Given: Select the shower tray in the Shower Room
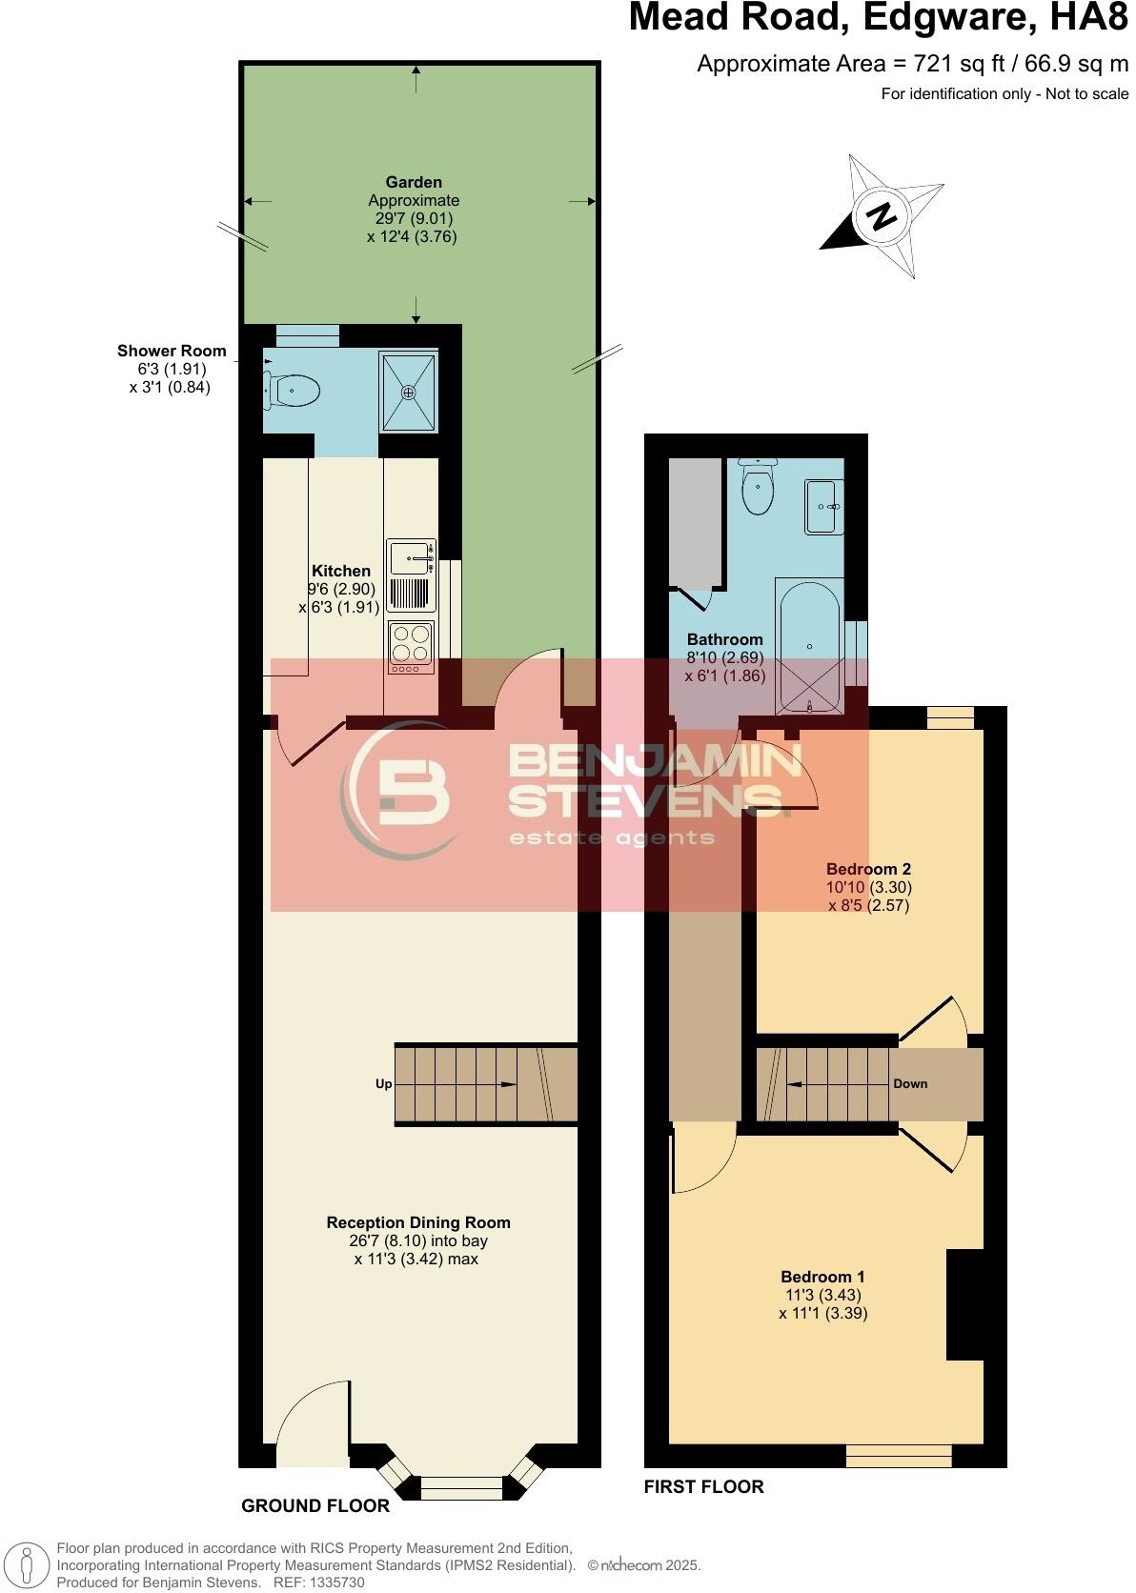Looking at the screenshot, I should [x=408, y=392].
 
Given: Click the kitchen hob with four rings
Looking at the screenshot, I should [x=411, y=641].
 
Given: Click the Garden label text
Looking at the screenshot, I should [x=414, y=182].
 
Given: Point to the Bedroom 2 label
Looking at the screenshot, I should [x=868, y=868].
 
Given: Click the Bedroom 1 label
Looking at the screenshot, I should [x=822, y=1277].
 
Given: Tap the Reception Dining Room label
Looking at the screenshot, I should [x=418, y=1222].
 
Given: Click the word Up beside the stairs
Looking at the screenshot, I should [x=383, y=1084].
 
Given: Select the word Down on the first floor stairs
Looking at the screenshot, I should [x=910, y=1084].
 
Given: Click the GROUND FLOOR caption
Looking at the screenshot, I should [x=315, y=1505].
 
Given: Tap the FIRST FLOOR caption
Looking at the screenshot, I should [x=703, y=1486].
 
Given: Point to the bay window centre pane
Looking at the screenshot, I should [x=461, y=1488].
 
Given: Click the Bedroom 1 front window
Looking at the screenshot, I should [x=899, y=1456].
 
